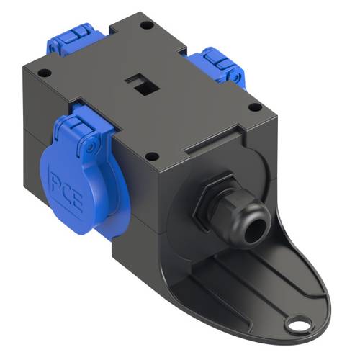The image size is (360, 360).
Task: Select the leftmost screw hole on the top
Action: pos(45,73)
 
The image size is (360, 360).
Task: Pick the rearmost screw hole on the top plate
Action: pos(147,25)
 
